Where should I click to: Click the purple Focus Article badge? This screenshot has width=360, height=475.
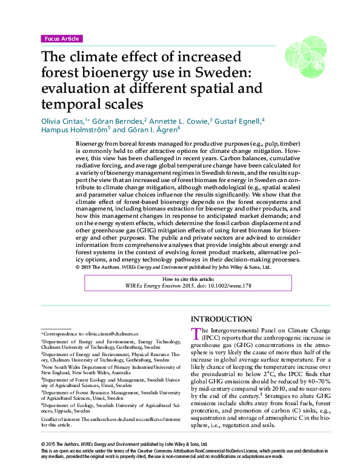61,39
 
